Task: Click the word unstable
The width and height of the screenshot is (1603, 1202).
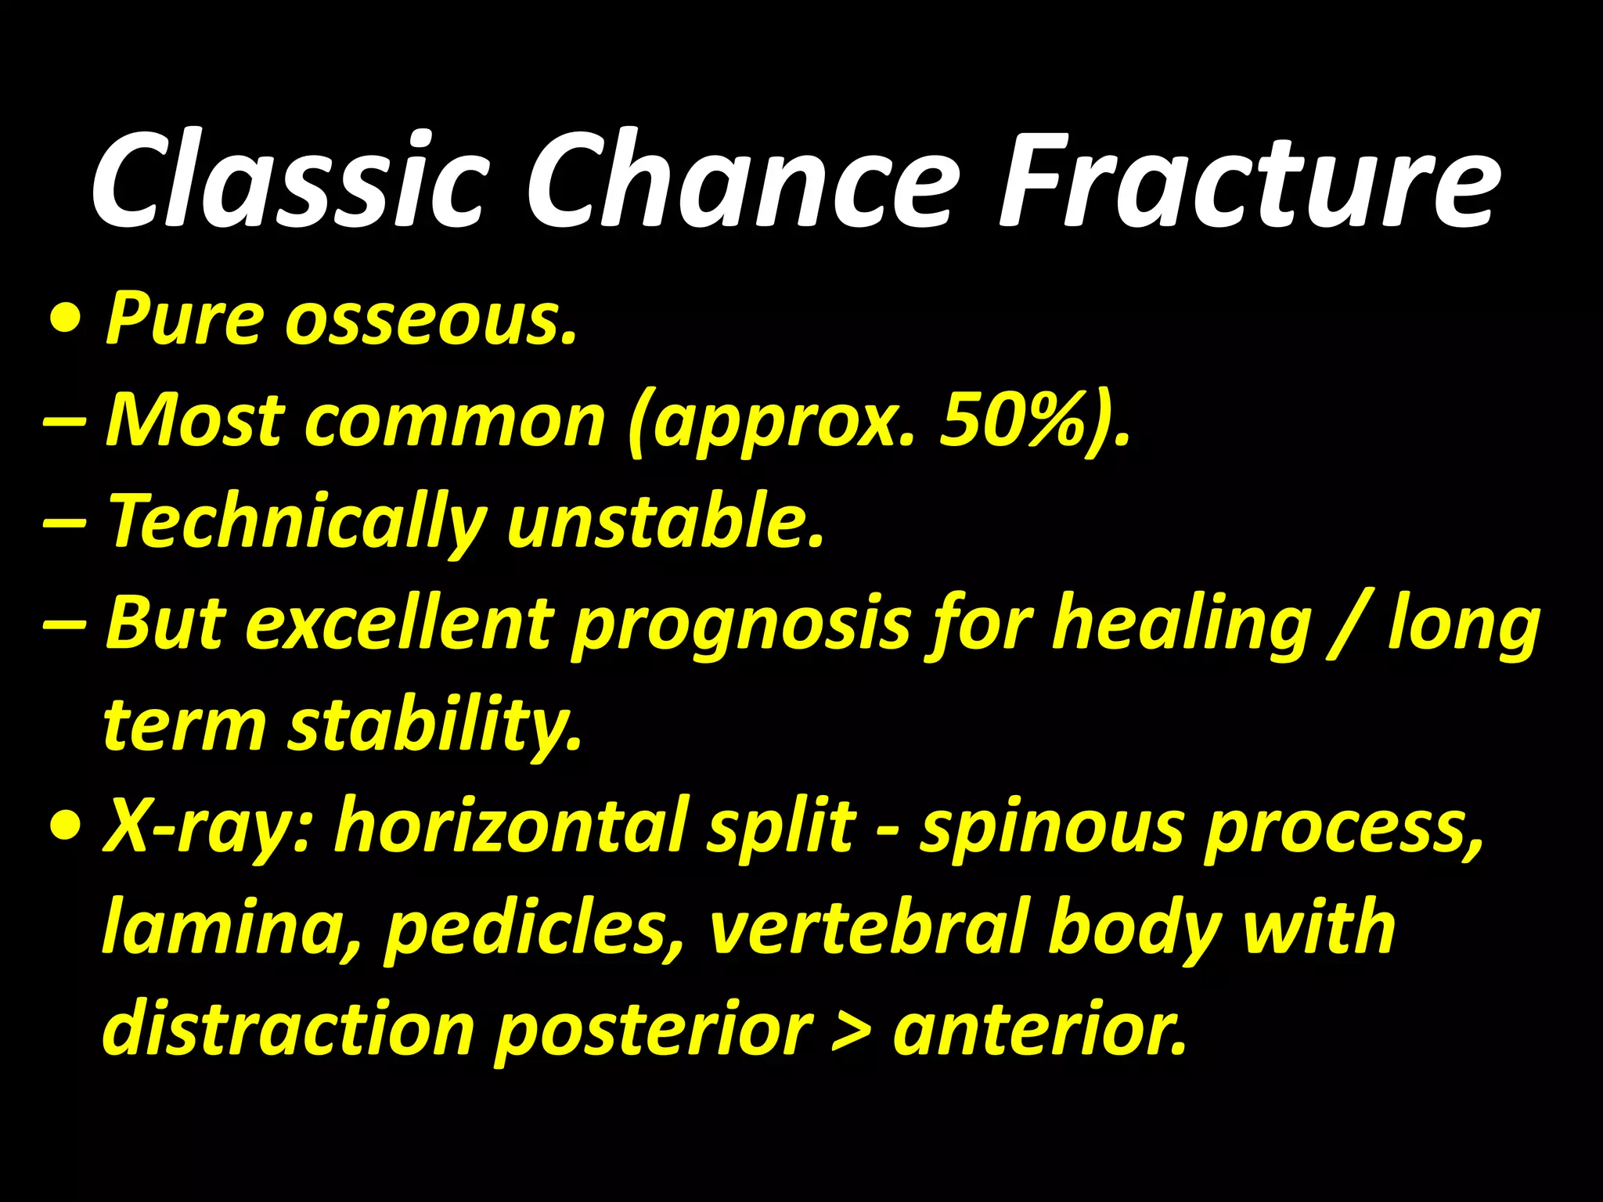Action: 665,521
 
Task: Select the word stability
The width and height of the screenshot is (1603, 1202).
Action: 435,725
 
